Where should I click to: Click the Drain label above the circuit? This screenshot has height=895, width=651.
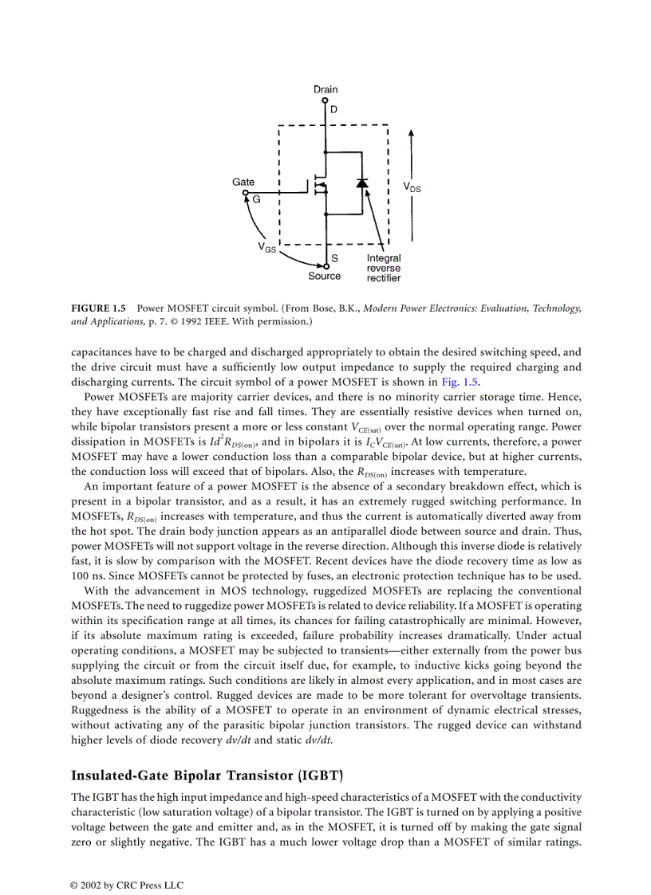pos(325,90)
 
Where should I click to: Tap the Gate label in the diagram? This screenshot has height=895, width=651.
pos(243,183)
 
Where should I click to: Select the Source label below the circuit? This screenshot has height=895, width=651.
pos(324,277)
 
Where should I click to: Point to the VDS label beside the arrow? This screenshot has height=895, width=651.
pos(412,187)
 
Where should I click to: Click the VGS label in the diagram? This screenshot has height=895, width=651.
pos(266,248)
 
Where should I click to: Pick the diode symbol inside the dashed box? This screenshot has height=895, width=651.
pos(363,183)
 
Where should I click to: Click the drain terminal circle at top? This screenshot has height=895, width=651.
pos(325,100)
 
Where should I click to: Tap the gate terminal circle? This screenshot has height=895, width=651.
pos(247,193)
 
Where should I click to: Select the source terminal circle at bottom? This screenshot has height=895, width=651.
pos(325,266)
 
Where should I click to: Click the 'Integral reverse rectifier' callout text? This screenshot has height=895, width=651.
pos(384,269)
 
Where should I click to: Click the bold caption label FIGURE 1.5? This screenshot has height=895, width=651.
pos(99,308)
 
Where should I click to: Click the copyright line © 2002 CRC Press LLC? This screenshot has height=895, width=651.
pos(128,884)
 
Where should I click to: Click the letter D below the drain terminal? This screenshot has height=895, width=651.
pos(333,109)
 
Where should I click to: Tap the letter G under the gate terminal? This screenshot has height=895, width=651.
pos(256,200)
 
